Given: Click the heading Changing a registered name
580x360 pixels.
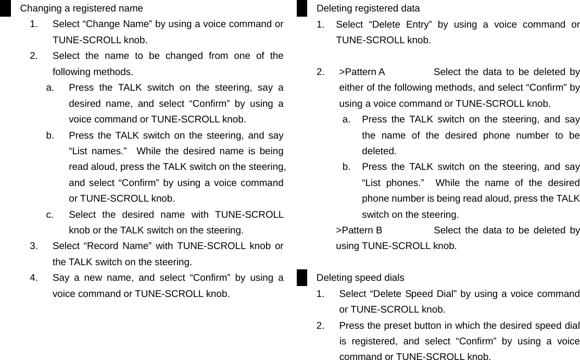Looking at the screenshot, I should coord(81,8).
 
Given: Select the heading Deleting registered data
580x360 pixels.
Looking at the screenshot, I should coord(368,8).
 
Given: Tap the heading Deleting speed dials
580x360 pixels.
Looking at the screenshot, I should coord(360,278).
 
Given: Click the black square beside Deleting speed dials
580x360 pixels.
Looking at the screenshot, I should coord(302,277).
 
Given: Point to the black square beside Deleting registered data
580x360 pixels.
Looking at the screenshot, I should coord(302,8).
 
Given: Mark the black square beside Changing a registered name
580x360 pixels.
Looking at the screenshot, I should coord(5,8).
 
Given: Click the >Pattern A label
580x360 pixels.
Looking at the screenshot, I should coord(362,72).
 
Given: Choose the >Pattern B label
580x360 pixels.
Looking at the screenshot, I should coord(359,230).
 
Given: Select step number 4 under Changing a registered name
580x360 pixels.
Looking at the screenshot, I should coord(33,278).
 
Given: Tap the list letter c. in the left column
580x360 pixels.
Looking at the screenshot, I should coord(49,215).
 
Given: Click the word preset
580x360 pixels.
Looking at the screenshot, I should coord(398,326).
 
